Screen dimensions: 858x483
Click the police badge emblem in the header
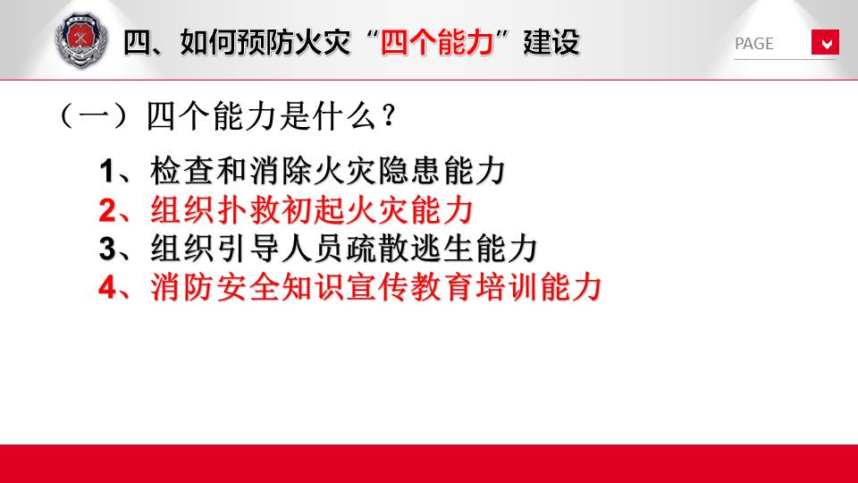81,41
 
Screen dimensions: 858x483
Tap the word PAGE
754,44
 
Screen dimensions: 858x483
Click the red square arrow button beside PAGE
825,42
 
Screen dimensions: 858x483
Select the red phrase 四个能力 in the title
437,42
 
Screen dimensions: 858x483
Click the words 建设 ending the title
551,42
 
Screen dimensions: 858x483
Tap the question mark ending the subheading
389,116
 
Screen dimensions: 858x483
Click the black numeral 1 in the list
106,171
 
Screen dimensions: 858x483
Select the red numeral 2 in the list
107,210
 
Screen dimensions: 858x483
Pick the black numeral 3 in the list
107,249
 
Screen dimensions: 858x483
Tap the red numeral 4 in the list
107,287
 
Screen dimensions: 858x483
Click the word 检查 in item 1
181,170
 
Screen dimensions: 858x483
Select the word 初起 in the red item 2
314,209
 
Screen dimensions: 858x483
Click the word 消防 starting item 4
181,286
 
